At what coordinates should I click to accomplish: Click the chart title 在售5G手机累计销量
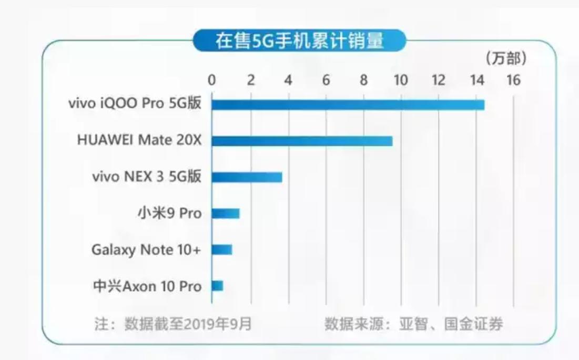click(x=299, y=41)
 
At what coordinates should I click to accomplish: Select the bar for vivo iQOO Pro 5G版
click(x=348, y=105)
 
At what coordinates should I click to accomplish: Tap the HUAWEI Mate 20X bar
click(x=302, y=141)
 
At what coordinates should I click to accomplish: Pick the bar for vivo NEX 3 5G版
click(x=247, y=177)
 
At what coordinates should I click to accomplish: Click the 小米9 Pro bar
click(x=226, y=213)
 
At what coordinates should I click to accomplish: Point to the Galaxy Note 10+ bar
click(x=221, y=249)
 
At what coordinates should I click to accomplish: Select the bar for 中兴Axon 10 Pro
click(x=217, y=286)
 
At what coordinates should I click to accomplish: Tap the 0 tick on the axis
click(x=212, y=81)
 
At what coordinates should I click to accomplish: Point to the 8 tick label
click(x=363, y=81)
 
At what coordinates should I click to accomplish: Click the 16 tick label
click(x=513, y=81)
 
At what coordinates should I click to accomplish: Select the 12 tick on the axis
click(x=438, y=81)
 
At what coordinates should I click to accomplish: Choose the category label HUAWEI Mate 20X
click(x=139, y=141)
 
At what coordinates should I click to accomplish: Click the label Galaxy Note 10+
click(x=146, y=249)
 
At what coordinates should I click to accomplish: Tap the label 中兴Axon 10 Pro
click(x=147, y=286)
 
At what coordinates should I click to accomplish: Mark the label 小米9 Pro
click(x=169, y=213)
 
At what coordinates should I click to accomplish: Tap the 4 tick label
click(x=288, y=81)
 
